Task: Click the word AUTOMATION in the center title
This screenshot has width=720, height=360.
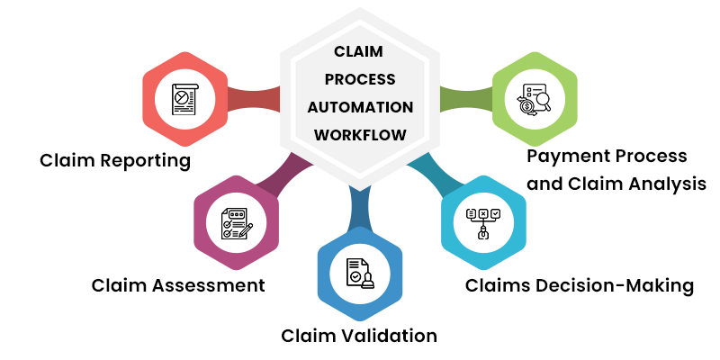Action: (x=360, y=107)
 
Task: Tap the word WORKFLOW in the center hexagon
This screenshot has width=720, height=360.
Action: (x=360, y=135)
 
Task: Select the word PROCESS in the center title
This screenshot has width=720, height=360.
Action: (x=360, y=79)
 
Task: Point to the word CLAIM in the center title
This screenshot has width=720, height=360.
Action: (x=360, y=51)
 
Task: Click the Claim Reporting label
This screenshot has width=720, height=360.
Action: (x=115, y=161)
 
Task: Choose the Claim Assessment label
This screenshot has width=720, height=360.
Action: (x=178, y=285)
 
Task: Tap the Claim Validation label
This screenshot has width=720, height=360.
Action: (x=359, y=336)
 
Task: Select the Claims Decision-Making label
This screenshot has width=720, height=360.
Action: (x=580, y=286)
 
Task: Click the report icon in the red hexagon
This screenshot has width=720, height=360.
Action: (x=185, y=99)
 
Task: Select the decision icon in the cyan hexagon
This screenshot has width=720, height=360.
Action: (x=483, y=222)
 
